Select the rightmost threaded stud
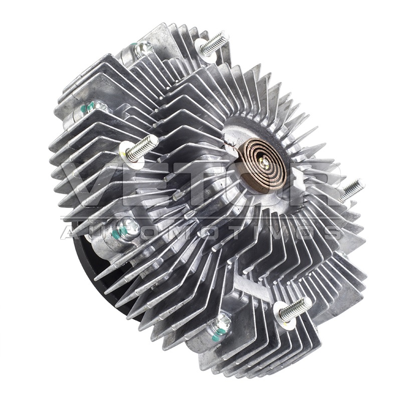(352, 190)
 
